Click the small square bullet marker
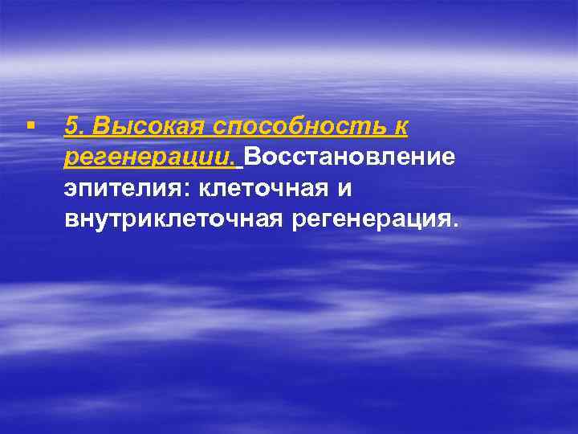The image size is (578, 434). coord(30,126)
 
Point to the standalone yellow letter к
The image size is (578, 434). coord(401,126)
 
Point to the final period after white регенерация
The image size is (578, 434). coord(457,227)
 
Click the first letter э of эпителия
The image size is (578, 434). coord(71,190)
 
